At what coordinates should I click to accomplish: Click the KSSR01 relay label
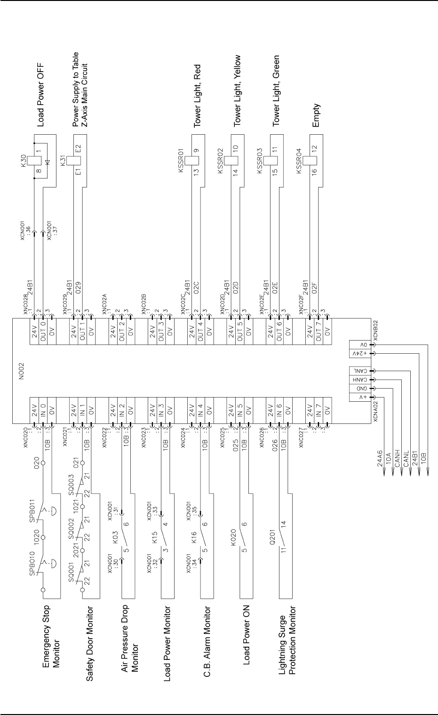(181, 165)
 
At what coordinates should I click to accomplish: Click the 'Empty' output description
(316, 115)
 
